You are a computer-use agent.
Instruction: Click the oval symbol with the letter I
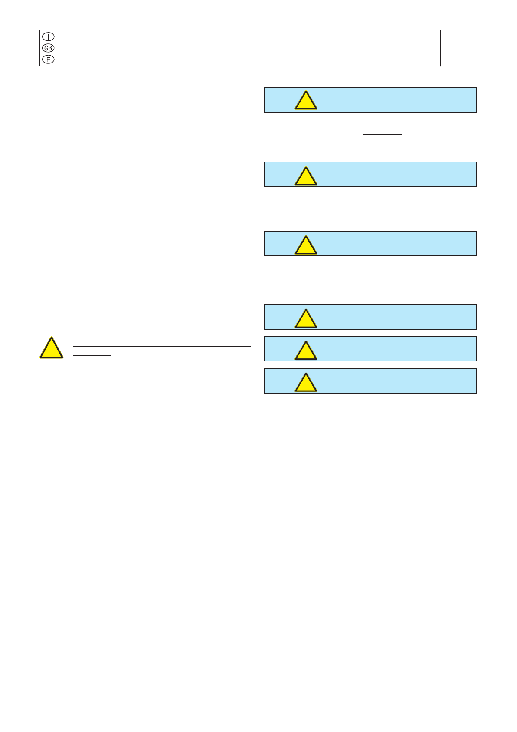[48, 36]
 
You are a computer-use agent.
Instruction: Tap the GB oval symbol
[48, 48]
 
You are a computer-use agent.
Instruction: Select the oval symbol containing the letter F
[48, 60]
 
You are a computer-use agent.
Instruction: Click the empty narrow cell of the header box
[458, 48]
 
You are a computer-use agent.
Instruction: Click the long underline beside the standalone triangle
[162, 346]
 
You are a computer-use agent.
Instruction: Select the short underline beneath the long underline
[92, 355]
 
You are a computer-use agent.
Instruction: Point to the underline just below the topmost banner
[382, 134]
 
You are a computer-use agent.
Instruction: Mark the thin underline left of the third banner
[206, 256]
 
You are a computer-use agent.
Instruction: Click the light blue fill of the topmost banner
[391, 99]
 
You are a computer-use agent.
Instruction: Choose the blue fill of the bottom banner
[391, 381]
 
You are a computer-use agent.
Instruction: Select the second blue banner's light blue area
[391, 175]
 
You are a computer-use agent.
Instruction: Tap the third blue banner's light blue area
[391, 243]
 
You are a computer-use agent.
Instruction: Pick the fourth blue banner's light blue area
[391, 317]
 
